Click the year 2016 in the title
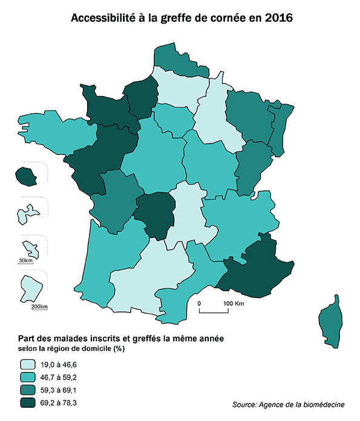click(x=278, y=18)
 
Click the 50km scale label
click(x=26, y=260)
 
